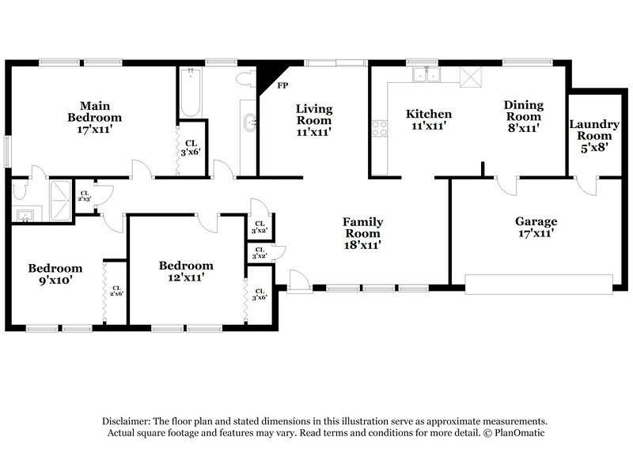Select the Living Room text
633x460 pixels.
(314, 120)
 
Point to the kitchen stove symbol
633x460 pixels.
(380, 128)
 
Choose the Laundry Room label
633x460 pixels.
(593, 135)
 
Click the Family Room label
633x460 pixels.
(362, 233)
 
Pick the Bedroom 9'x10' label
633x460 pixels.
(55, 273)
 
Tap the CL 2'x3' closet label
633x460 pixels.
(85, 196)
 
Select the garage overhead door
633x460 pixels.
(539, 285)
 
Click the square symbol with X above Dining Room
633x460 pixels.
(471, 76)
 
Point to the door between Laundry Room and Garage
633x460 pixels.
(587, 185)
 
